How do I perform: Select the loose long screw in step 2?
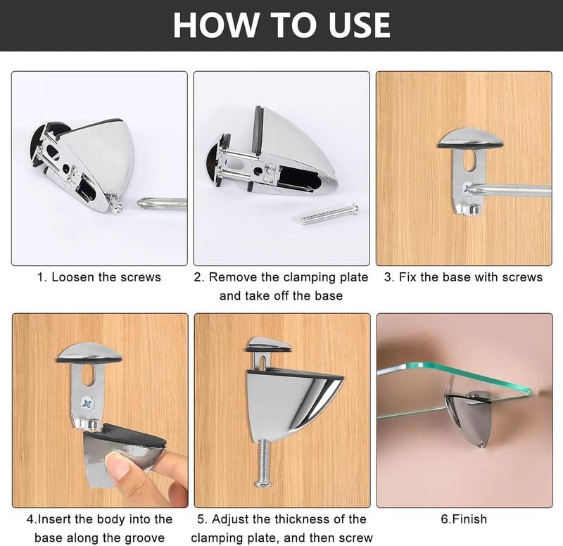pyautogui.click(x=329, y=215)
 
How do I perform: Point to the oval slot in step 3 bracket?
pyautogui.click(x=469, y=160)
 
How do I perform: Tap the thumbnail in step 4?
pyautogui.click(x=117, y=465)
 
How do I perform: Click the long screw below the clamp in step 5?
pyautogui.click(x=263, y=462)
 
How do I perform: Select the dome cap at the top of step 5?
pyautogui.click(x=269, y=343)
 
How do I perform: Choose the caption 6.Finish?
pyautogui.click(x=464, y=519)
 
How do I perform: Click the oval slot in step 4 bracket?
pyautogui.click(x=89, y=375)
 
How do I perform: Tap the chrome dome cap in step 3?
pyautogui.click(x=470, y=138)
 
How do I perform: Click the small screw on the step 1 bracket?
pyautogui.click(x=117, y=205)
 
